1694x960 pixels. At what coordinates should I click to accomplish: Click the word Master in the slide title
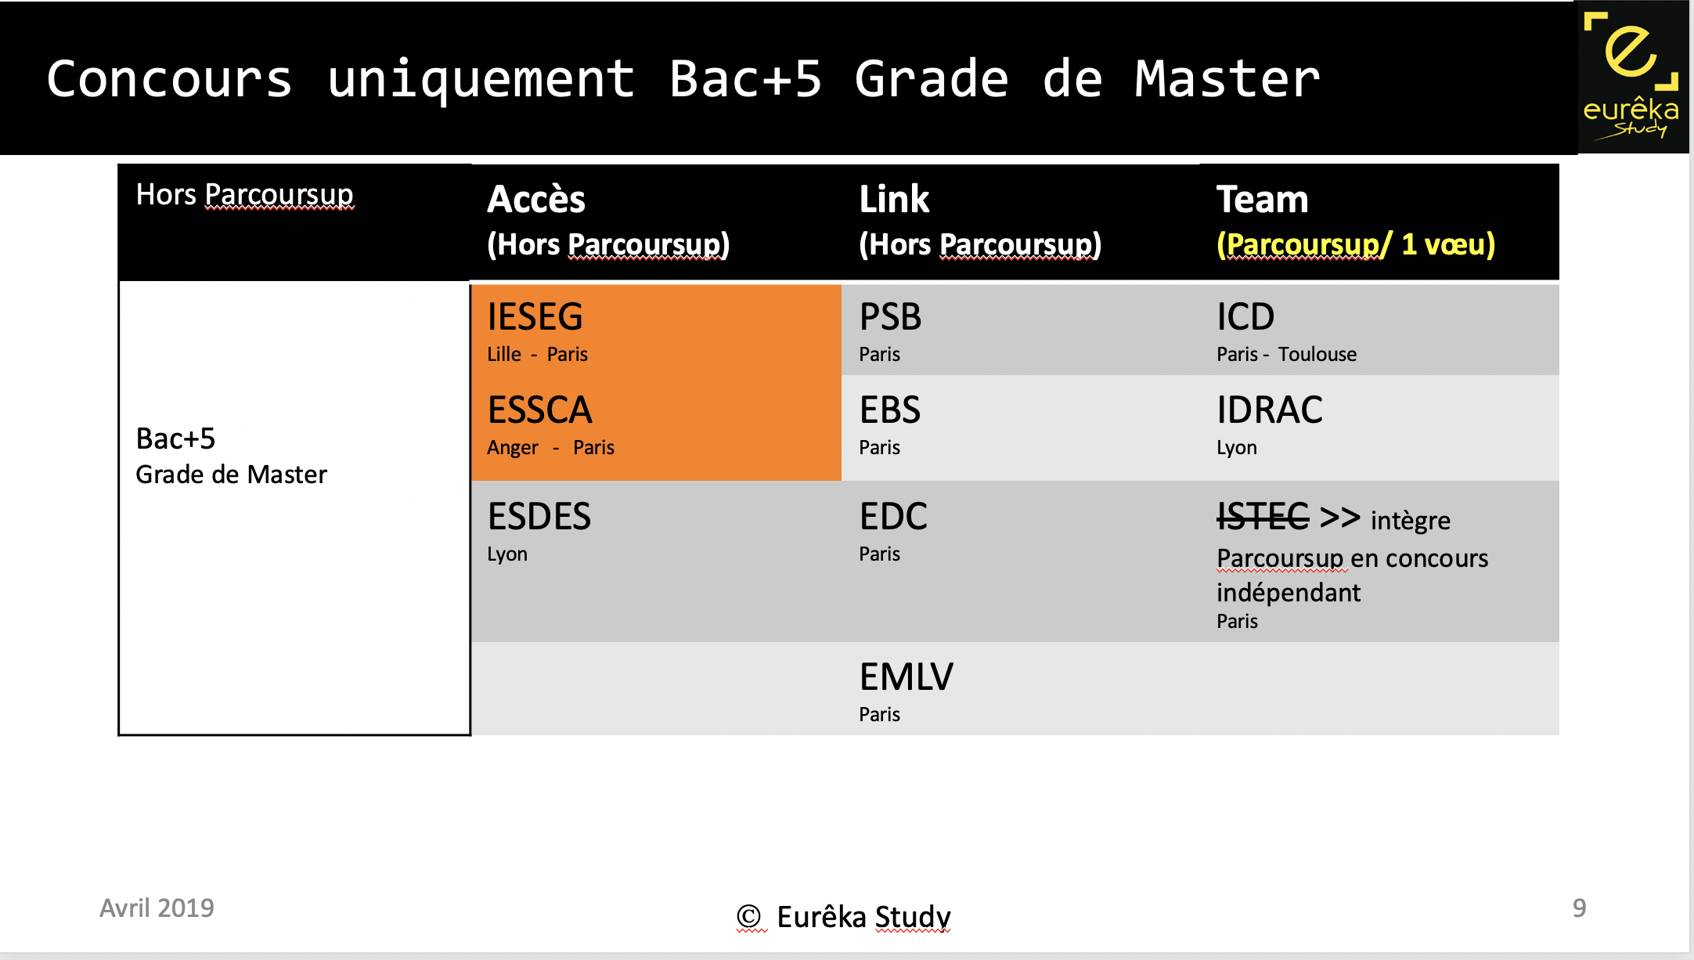pyautogui.click(x=1227, y=80)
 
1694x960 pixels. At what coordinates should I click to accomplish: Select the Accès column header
pyautogui.click(x=536, y=200)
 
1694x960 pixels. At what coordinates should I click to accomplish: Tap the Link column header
pyautogui.click(x=894, y=200)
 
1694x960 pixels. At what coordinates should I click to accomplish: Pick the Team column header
pyautogui.click(x=1262, y=200)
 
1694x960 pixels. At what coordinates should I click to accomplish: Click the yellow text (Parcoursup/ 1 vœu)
pyautogui.click(x=1355, y=244)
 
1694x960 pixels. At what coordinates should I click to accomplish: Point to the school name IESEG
pyautogui.click(x=535, y=317)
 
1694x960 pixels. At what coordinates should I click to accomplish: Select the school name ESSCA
pyautogui.click(x=539, y=410)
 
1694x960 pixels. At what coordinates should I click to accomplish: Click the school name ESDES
pyautogui.click(x=539, y=517)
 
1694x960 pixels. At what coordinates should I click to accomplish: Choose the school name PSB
pyautogui.click(x=890, y=317)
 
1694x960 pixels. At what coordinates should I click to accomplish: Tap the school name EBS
pyautogui.click(x=889, y=410)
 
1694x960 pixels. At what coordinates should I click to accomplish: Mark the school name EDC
pyautogui.click(x=892, y=517)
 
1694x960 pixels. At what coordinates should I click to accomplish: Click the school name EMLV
pyautogui.click(x=906, y=677)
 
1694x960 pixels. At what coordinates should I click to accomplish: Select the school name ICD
pyautogui.click(x=1245, y=317)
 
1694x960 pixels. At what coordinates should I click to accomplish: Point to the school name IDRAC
pyautogui.click(x=1269, y=410)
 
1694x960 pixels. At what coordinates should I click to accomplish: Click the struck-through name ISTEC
pyautogui.click(x=1262, y=517)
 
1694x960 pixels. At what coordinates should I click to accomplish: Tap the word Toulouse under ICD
pyautogui.click(x=1317, y=355)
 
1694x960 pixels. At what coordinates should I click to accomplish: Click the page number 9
pyautogui.click(x=1579, y=908)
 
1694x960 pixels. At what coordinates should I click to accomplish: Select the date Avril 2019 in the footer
pyautogui.click(x=157, y=908)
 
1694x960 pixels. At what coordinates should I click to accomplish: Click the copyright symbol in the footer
pyautogui.click(x=748, y=916)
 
